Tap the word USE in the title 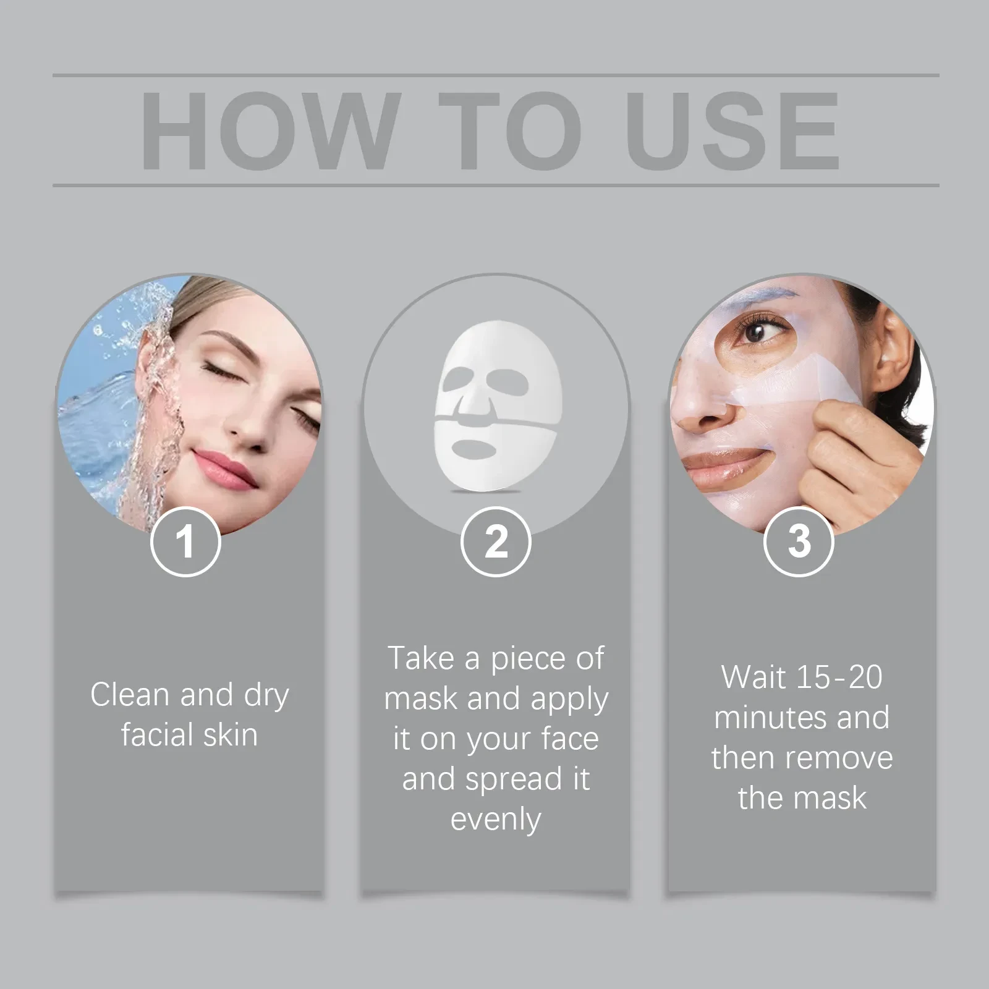[732, 130]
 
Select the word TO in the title [511, 130]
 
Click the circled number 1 [185, 541]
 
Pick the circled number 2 [496, 541]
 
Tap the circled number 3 [799, 541]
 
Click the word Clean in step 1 [130, 694]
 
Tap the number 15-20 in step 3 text [839, 677]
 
